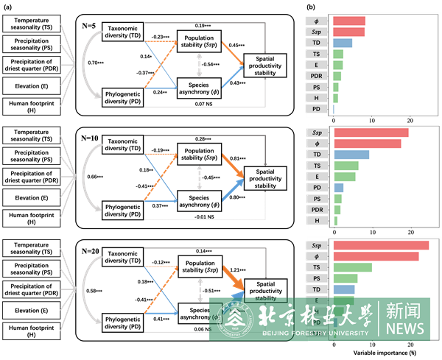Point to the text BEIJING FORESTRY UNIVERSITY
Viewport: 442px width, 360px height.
(x=315, y=333)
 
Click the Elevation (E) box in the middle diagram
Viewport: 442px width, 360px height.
(x=32, y=198)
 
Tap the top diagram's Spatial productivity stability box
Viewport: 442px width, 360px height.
(x=265, y=65)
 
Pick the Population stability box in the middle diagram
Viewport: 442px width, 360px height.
(x=199, y=154)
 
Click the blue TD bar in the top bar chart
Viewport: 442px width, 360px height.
(x=343, y=43)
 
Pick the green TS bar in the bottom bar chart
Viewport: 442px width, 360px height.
(x=353, y=267)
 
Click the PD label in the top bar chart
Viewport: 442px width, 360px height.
(x=316, y=109)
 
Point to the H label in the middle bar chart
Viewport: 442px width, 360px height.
(x=317, y=220)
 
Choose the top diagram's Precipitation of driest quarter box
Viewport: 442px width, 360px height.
(x=32, y=64)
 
